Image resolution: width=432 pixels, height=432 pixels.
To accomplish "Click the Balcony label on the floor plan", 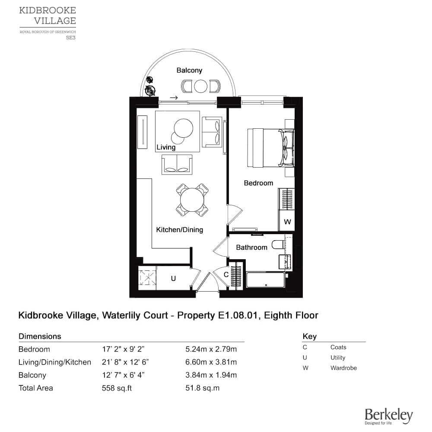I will coord(189,70).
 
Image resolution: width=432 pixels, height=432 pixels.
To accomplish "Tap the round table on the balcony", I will coord(201,86).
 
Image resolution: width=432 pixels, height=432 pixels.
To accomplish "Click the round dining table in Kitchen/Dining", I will coord(192,200).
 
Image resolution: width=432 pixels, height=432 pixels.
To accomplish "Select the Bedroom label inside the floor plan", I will coord(258,183).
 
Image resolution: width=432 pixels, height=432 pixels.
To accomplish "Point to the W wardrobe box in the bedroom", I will coord(287,222).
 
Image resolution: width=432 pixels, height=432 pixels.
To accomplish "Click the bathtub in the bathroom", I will coord(265,280).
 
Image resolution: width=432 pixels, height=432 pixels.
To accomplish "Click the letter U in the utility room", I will coord(173,279).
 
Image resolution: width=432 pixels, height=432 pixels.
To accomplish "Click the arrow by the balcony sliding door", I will coord(174,98).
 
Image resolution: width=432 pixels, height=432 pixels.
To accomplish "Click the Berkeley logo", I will coord(388,416).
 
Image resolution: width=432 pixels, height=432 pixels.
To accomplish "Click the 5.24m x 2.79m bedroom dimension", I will coord(211,349).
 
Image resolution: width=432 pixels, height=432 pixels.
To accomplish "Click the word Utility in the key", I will coord(338,358).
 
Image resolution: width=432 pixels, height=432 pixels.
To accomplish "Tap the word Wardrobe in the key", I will coord(343,368).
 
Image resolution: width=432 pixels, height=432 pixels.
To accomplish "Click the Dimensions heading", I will coord(40,336).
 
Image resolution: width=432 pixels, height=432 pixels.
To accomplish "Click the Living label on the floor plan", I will coord(166,147).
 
